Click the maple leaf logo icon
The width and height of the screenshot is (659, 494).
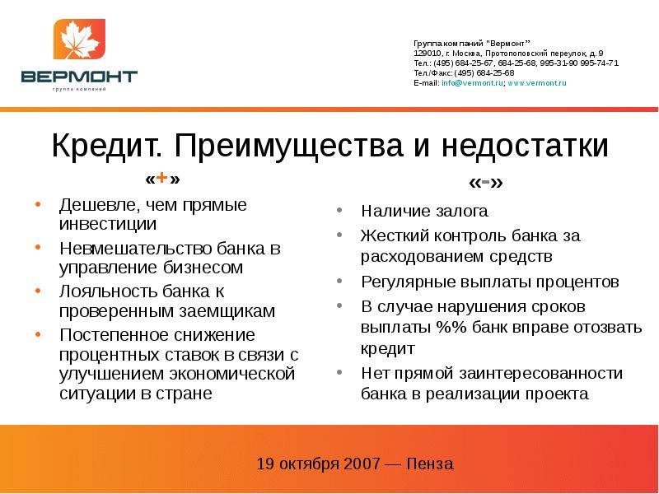point(79,39)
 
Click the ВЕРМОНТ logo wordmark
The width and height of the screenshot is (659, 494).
point(79,77)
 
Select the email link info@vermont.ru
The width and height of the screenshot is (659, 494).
point(472,83)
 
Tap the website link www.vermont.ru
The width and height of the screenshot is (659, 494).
point(537,83)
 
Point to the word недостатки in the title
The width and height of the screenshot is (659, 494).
point(525,146)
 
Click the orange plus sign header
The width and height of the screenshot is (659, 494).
point(161,179)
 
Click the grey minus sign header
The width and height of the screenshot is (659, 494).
point(485,182)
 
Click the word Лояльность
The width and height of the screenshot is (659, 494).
point(108,291)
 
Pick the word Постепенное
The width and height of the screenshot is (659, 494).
point(114,335)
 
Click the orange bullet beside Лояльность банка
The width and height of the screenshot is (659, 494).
point(38,291)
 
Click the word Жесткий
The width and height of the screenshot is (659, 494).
point(395,235)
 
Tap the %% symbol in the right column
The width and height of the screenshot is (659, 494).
point(451,327)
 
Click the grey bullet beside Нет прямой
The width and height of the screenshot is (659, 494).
point(339,372)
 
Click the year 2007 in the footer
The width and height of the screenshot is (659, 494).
point(362,464)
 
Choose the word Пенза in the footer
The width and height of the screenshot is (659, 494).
point(430,464)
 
